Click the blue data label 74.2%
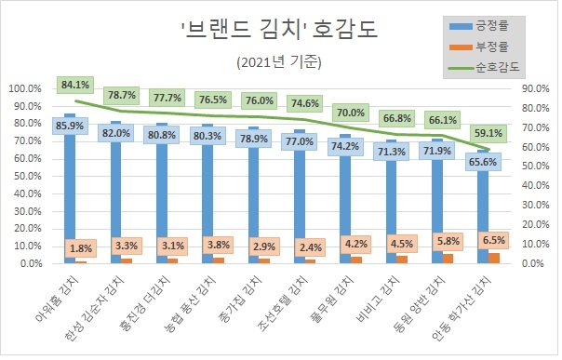[352, 146]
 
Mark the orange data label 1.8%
[81, 248]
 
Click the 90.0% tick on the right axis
[535, 89]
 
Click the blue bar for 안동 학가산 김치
[483, 209]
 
